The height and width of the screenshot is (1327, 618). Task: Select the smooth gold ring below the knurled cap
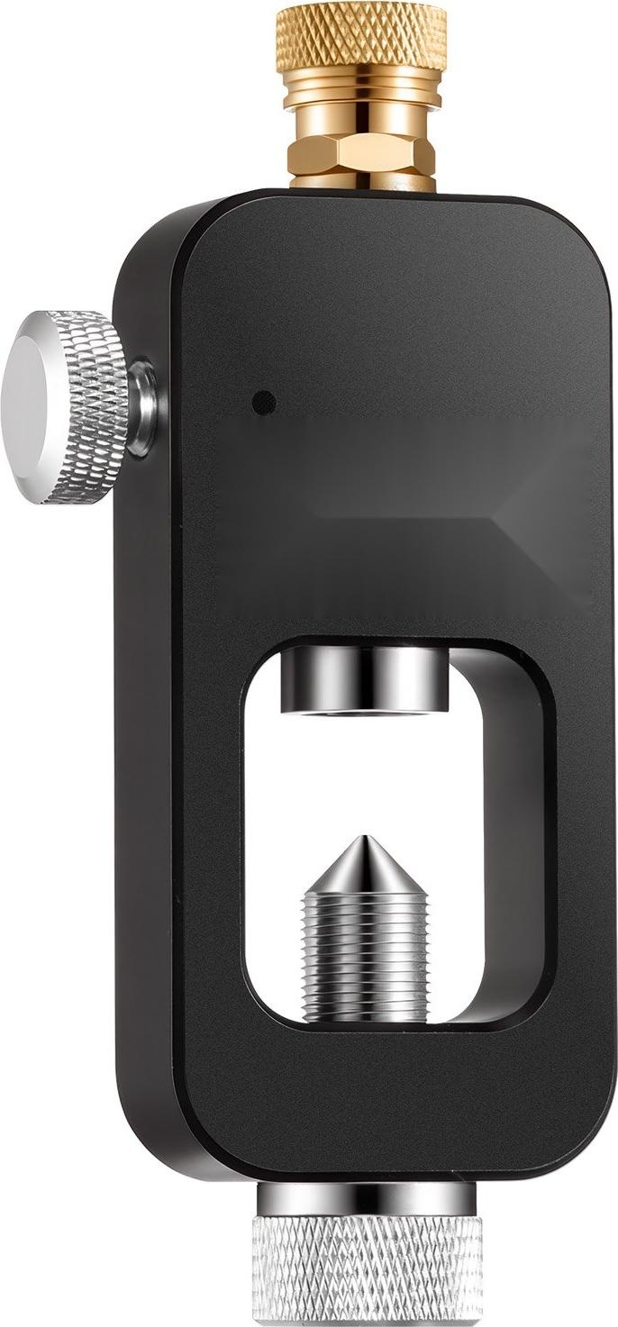(361, 95)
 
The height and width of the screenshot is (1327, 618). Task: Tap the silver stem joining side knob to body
(142, 407)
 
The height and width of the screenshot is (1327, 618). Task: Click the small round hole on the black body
(263, 403)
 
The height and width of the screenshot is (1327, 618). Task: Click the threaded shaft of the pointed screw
(364, 955)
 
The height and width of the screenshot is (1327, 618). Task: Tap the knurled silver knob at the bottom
(367, 1270)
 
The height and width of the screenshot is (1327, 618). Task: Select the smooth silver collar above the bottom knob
(367, 1199)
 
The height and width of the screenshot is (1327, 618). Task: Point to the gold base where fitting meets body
(361, 183)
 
